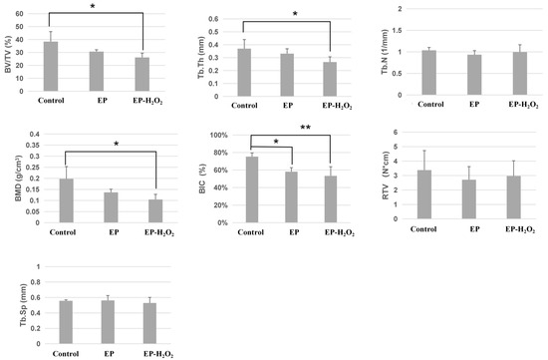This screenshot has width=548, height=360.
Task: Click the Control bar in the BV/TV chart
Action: point(51,66)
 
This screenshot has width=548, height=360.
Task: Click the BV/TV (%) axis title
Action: point(8,50)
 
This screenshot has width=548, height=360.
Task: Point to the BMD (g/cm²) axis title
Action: point(9,178)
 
